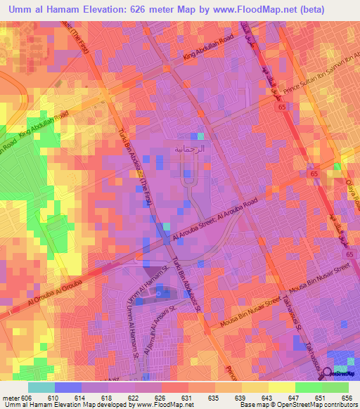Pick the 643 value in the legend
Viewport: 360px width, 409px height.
click(x=269, y=397)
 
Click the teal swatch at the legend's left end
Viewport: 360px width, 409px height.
click(x=41, y=387)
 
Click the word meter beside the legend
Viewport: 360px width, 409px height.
click(x=10, y=397)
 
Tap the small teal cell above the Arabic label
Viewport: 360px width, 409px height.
click(x=200, y=136)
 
